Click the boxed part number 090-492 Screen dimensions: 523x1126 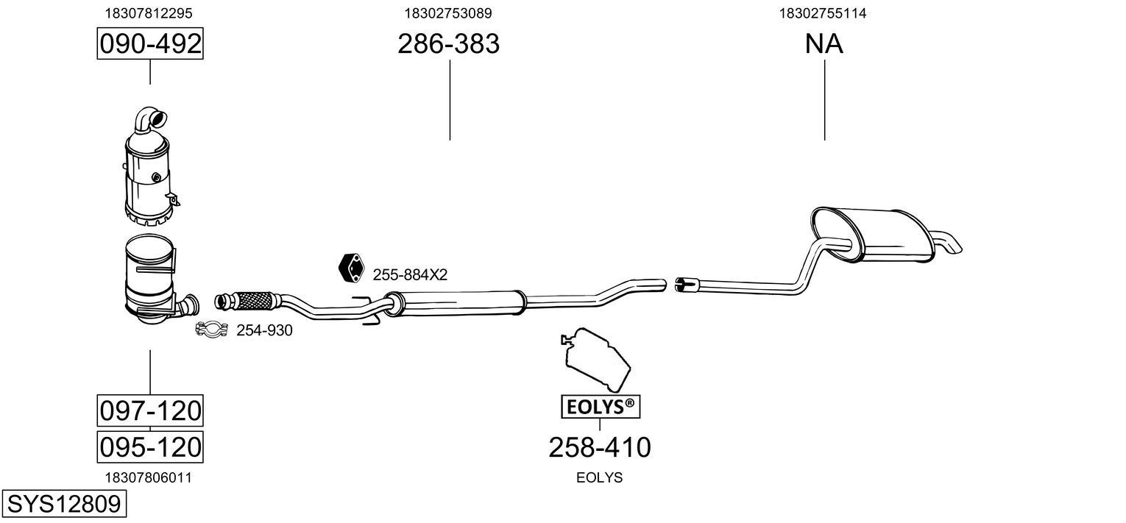150,44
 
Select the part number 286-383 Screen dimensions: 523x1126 448,44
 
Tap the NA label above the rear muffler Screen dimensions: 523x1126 824,44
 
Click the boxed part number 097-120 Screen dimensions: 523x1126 150,410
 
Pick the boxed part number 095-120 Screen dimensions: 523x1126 150,446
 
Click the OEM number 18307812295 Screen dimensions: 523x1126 149,13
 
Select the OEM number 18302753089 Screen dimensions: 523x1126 448,13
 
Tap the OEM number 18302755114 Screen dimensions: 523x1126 824,13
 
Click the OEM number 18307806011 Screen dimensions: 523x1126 149,477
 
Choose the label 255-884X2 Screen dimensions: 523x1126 410,275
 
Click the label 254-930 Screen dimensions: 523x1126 264,331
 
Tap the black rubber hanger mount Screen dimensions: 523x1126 351,268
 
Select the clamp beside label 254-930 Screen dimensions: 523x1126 212,330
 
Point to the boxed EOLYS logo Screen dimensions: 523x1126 600,405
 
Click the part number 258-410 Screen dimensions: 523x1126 600,447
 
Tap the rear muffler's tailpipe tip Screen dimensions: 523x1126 949,244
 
